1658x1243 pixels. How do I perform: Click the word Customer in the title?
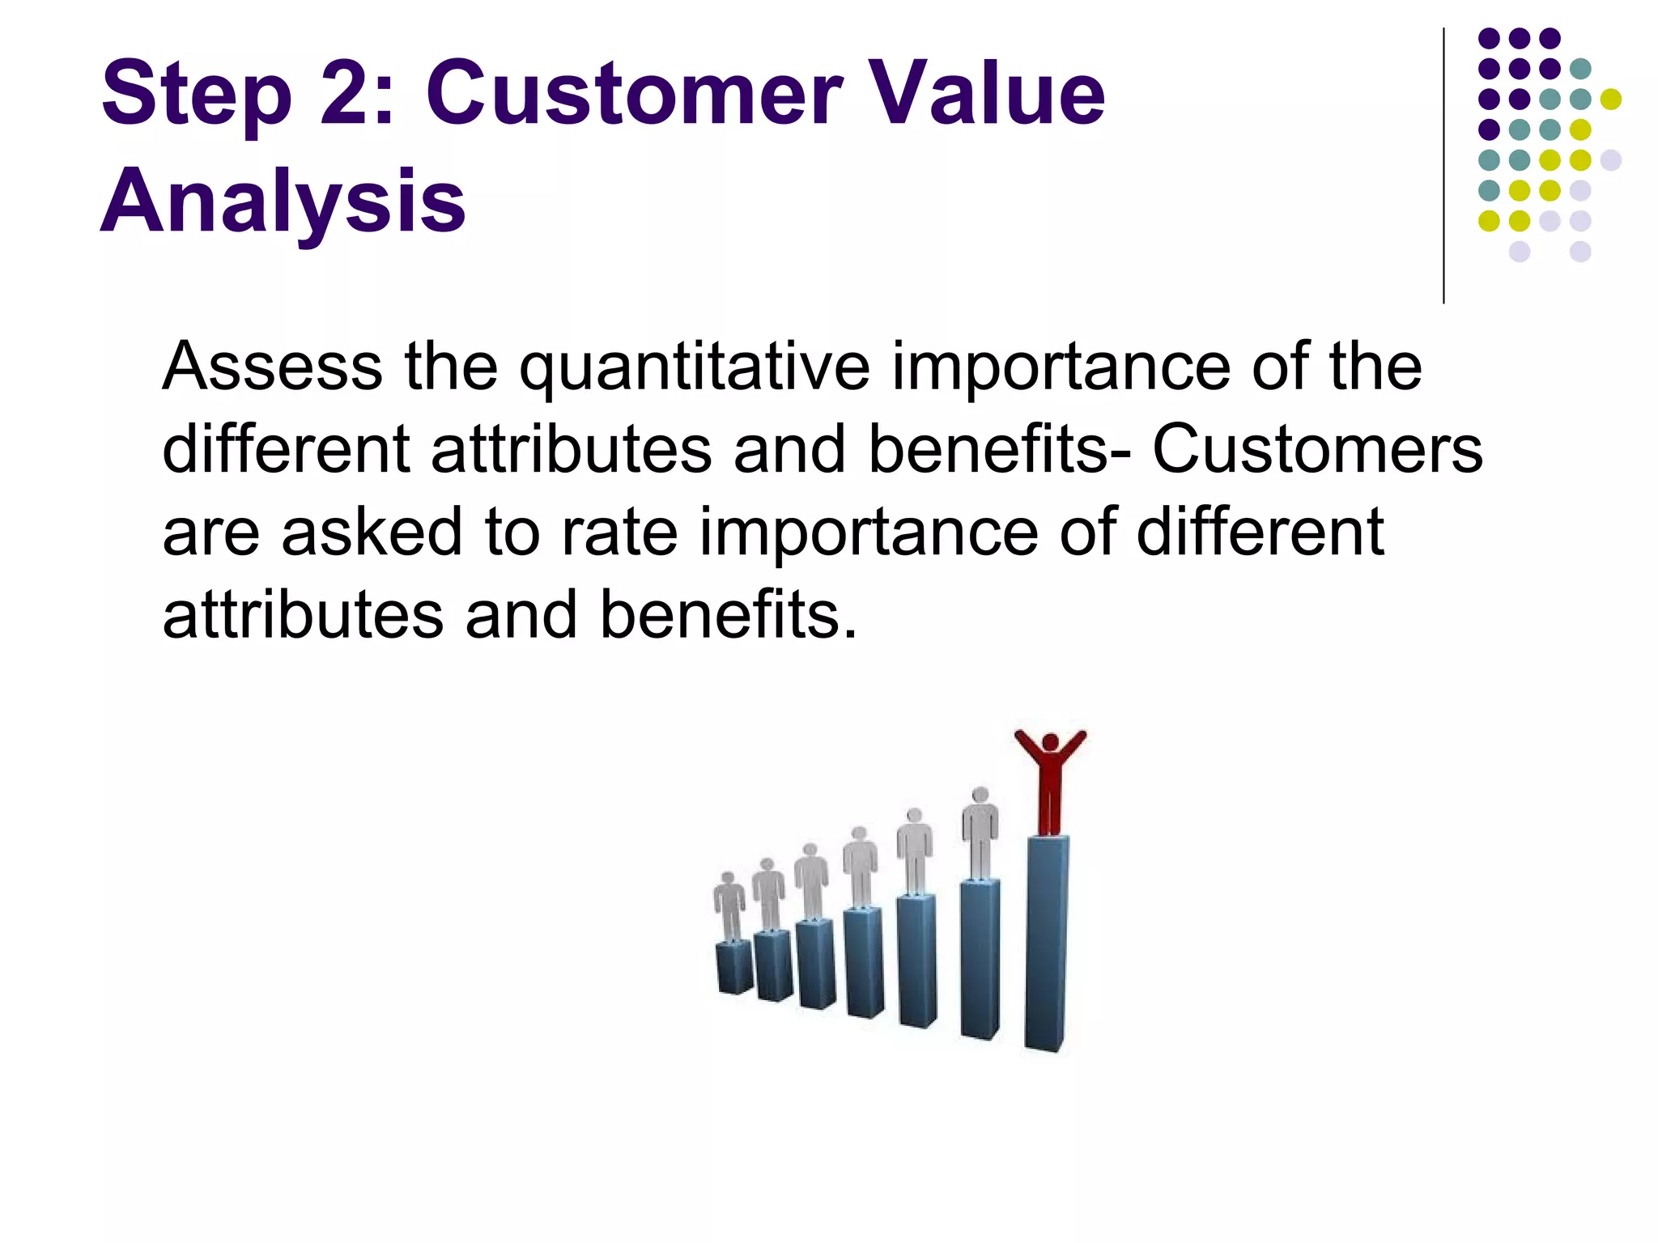coord(634,93)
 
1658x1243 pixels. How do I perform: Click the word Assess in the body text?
coord(272,367)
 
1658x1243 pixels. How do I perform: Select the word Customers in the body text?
coord(1317,449)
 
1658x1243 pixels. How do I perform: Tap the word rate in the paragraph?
coord(619,532)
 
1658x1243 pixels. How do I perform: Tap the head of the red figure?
coord(1050,741)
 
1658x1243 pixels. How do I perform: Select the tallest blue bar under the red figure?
coord(1046,943)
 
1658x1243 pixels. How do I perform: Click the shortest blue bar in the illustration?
coord(734,967)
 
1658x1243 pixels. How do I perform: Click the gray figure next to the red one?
coord(980,832)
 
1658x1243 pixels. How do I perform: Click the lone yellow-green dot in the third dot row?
coord(1611,99)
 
